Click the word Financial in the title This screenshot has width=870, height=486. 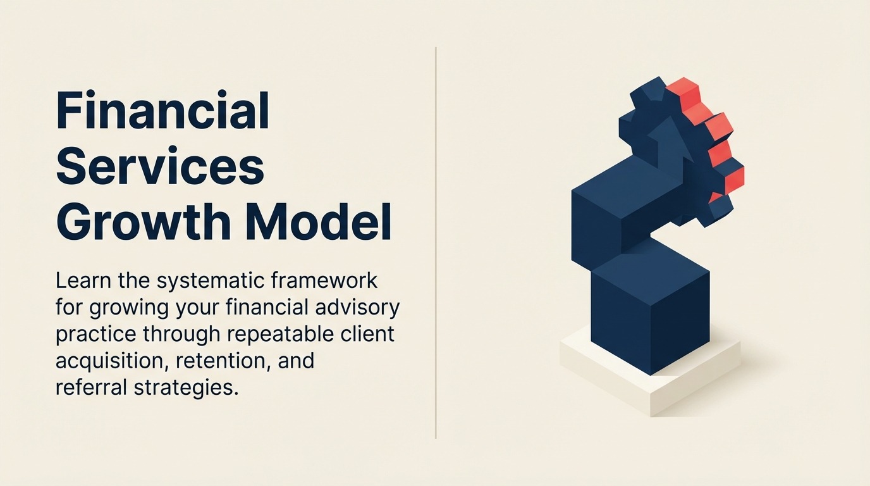pyautogui.click(x=162, y=109)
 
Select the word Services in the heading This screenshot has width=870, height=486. pyautogui.click(x=160, y=166)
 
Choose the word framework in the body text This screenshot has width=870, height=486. pyautogui.click(x=324, y=281)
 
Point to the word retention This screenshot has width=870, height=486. pyautogui.click(x=223, y=361)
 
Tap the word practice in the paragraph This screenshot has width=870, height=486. pyautogui.click(x=96, y=335)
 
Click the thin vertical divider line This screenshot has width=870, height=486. pyautogui.click(x=436, y=243)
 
